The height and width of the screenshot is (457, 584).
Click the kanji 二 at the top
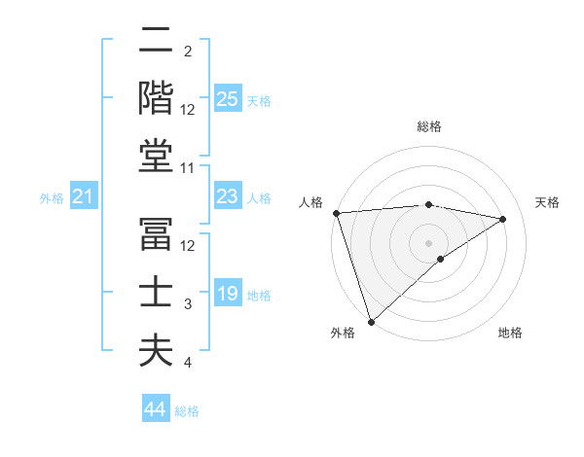pos(156,42)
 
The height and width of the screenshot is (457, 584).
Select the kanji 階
pos(156,98)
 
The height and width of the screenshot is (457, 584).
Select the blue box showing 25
pos(228,99)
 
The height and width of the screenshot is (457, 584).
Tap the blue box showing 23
pos(228,197)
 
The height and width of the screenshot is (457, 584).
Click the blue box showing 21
pos(84,197)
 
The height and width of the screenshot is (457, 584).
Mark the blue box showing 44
pos(156,409)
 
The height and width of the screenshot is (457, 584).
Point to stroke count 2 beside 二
pos(187,51)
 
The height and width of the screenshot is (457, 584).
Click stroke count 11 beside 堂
pos(189,168)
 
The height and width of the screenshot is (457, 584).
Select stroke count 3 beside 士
pos(188,304)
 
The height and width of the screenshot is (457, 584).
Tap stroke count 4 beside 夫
pos(188,363)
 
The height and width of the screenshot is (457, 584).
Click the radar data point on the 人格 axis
pos(336,213)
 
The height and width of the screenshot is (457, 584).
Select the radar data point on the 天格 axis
pos(503,219)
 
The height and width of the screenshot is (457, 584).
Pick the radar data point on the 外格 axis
pos(371,321)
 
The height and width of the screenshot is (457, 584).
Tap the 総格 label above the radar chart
pos(428,126)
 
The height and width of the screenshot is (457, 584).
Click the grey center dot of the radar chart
pos(428,242)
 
